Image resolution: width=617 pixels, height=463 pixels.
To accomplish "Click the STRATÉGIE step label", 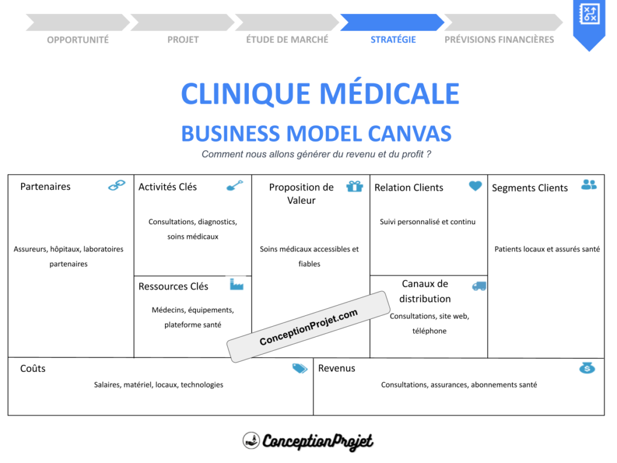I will coord(393,40).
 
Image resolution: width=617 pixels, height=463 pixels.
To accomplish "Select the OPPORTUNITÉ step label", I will coord(78,40).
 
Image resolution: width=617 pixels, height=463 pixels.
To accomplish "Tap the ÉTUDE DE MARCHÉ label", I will coord(287,40).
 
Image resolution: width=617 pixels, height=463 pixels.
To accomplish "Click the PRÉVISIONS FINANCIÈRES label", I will coord(499,40).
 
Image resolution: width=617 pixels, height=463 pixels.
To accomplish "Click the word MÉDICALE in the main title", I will coord(389,94).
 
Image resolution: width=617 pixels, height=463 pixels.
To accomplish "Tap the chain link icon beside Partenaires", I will coord(117,185).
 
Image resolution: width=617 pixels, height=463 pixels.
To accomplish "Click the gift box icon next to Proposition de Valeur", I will coord(355,186).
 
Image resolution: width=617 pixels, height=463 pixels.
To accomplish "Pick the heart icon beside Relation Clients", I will coord(475,186).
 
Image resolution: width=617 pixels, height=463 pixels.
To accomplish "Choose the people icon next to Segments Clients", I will coord(589,184).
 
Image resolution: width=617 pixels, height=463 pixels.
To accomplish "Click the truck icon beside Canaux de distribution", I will coord(479,286).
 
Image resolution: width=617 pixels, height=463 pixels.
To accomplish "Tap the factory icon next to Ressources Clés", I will coord(236,284).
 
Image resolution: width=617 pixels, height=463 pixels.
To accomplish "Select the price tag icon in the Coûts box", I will coord(299,368).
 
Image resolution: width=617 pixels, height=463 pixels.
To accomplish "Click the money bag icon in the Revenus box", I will coord(587,367).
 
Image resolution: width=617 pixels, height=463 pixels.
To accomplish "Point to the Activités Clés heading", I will coord(168,187).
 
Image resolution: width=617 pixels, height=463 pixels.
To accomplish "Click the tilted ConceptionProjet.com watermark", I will coord(308,327).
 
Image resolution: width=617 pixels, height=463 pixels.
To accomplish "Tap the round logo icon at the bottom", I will coord(251,441).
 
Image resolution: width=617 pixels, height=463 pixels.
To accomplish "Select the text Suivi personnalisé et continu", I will coord(427,222).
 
